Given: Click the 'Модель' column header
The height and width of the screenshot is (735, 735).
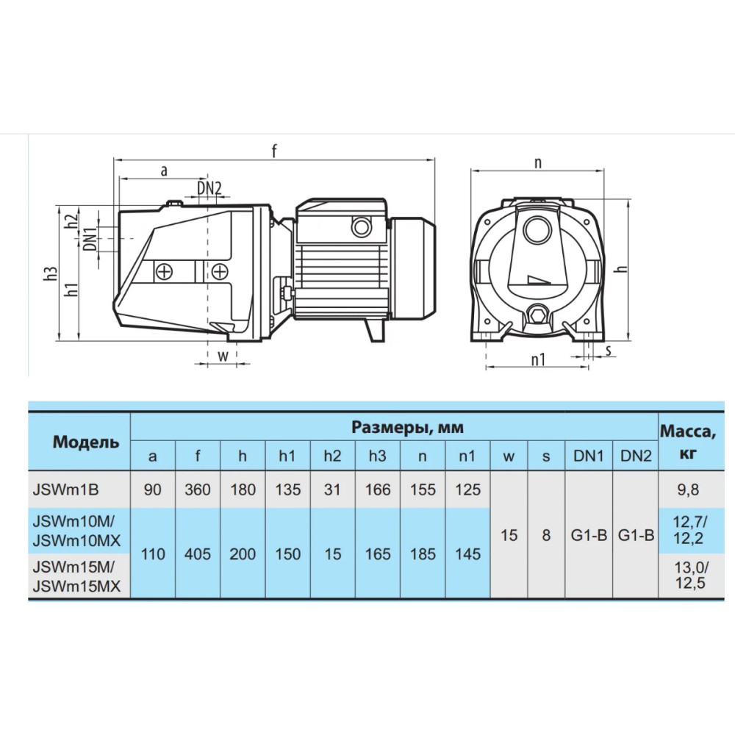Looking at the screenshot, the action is [86, 442].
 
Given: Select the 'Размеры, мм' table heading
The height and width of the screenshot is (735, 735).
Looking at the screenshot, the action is [407, 427].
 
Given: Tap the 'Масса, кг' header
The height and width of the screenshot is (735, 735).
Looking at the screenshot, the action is [688, 442].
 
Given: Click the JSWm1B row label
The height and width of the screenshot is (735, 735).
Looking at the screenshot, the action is [65, 490].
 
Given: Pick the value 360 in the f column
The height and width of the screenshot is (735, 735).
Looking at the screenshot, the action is [197, 490].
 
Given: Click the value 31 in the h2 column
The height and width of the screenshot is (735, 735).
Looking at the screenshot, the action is [332, 490].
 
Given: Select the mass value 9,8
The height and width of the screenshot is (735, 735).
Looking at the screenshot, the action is [688, 490].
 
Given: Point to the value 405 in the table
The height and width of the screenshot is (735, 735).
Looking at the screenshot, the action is [197, 554].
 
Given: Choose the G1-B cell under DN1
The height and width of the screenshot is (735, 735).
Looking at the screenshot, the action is [589, 535].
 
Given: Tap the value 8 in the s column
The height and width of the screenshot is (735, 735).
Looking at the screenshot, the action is [546, 535].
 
